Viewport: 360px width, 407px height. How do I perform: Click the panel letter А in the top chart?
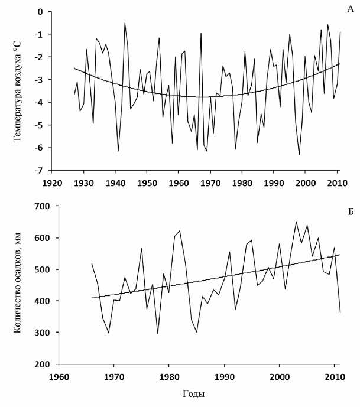pos(351,9)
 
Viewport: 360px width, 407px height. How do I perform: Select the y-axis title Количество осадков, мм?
pos(17,286)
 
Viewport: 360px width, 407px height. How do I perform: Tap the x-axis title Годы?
pos(198,392)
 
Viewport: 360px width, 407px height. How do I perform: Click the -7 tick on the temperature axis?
pos(40,170)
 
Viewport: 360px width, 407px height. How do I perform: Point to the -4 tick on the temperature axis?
pos(40,102)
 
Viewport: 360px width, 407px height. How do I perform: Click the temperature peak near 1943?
pos(125,23)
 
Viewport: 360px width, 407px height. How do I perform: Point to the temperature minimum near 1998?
pos(299,155)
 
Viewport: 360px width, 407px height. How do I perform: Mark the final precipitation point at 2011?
pos(340,312)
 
